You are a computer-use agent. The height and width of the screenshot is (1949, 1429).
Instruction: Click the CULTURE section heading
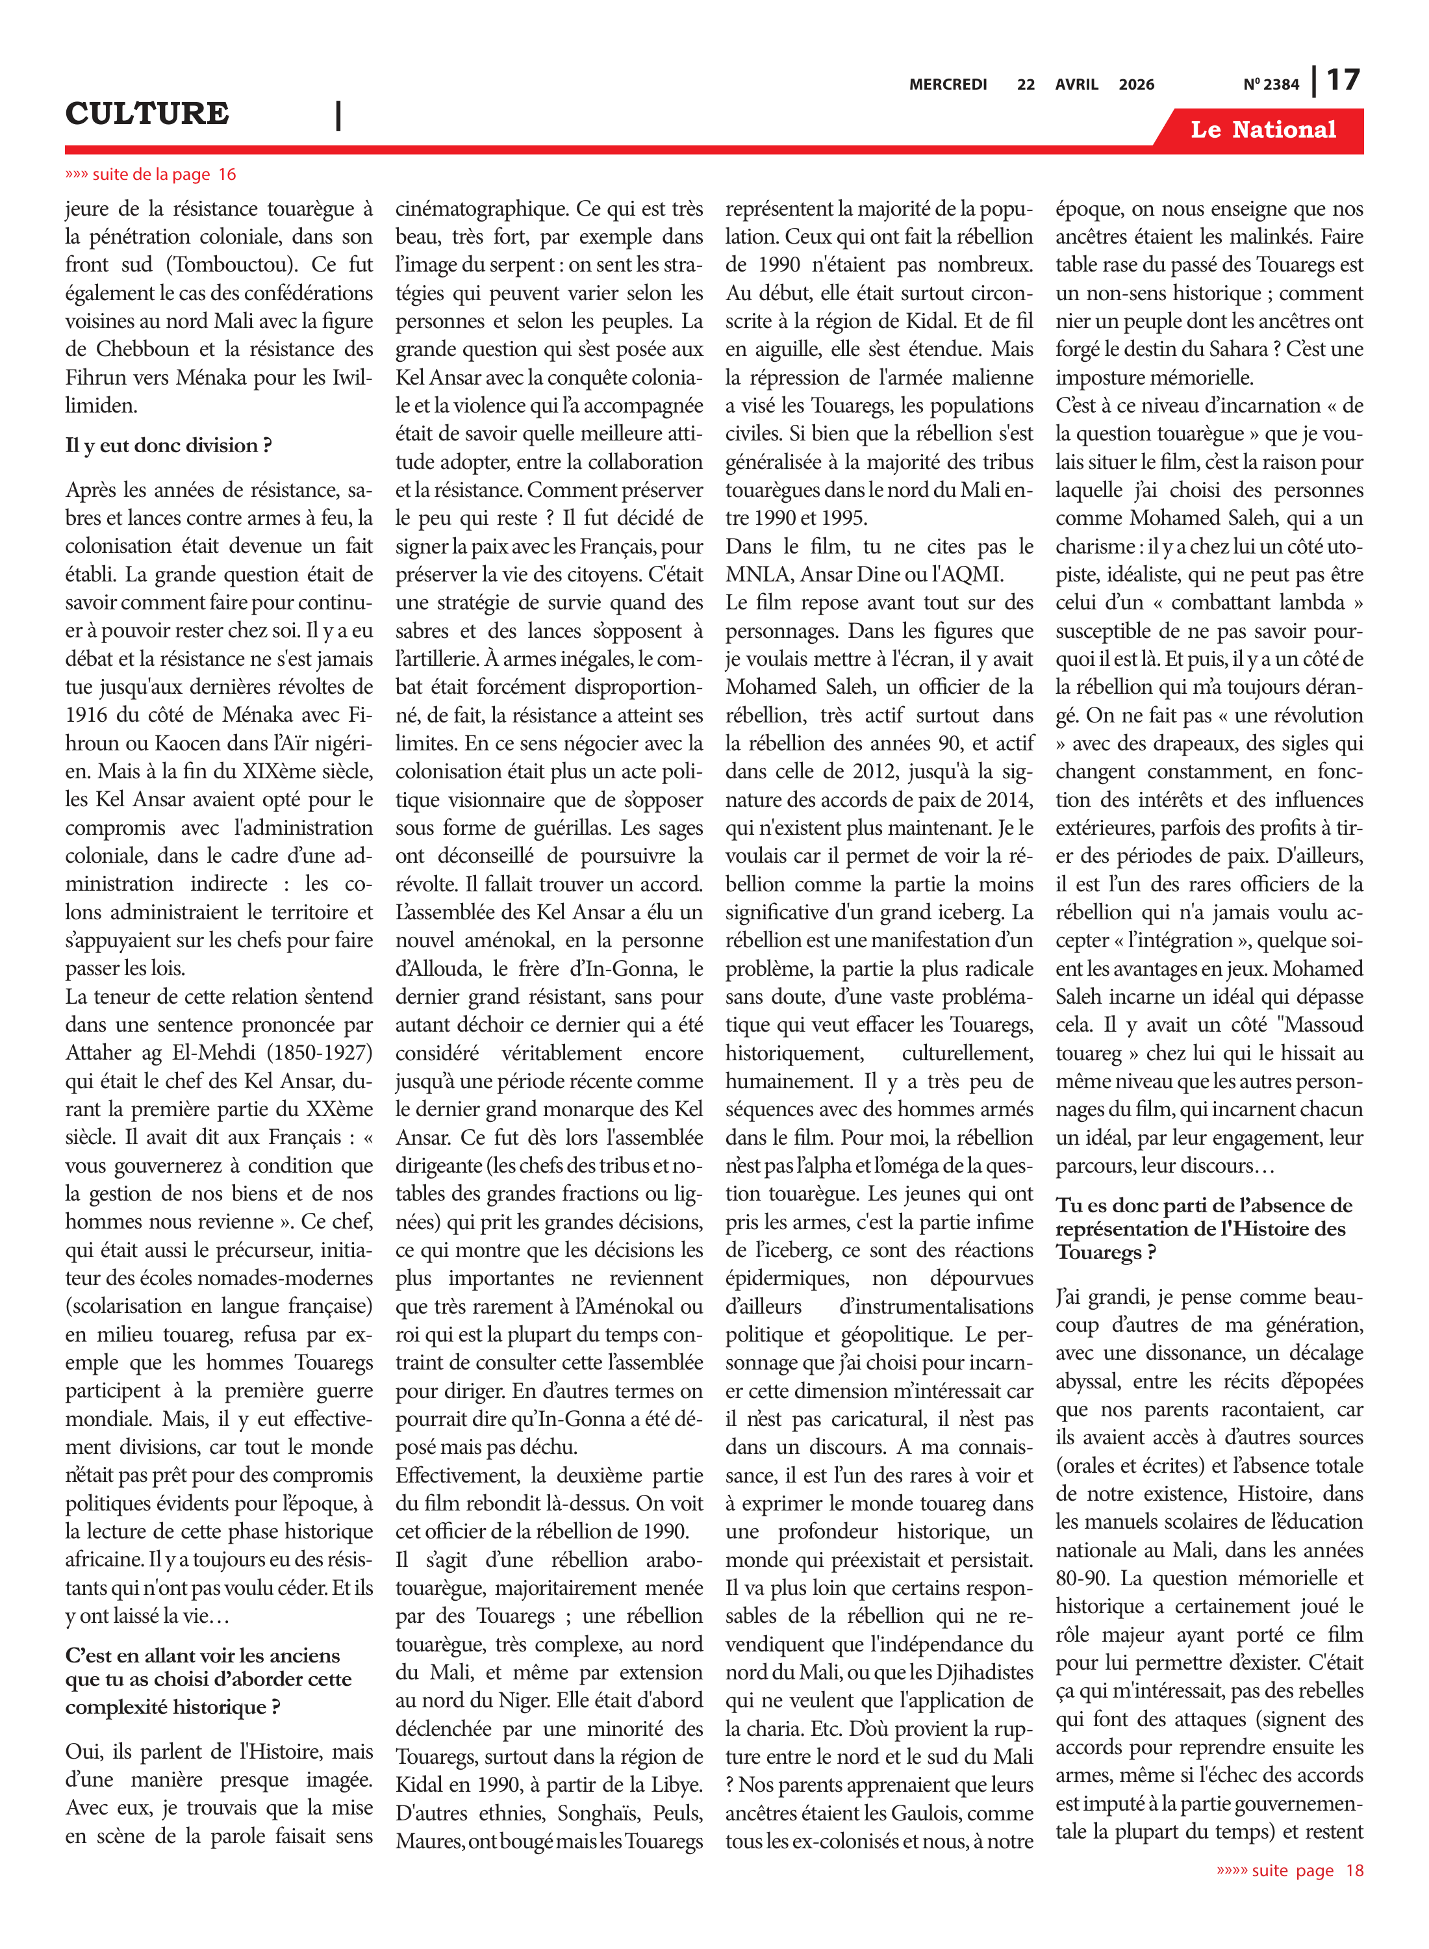pos(147,113)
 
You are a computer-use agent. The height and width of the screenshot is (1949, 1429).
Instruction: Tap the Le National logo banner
pos(1263,130)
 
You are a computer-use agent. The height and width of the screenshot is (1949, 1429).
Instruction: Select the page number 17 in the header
pos(1343,81)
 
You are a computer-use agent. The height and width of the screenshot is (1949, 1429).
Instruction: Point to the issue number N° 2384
pos(1271,84)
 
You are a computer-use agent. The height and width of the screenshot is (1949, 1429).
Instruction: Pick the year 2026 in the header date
pos(1136,84)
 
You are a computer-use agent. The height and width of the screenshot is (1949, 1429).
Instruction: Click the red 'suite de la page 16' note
pos(151,175)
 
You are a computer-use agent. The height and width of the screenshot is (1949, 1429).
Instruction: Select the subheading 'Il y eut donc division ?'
pos(169,446)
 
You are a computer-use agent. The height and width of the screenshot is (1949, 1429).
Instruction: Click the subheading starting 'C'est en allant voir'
pos(209,1680)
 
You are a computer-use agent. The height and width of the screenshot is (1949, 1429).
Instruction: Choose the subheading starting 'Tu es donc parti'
pos(1203,1229)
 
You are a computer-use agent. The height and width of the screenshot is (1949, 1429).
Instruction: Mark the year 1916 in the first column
pos(86,715)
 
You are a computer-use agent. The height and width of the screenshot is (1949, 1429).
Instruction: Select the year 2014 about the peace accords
pos(1009,799)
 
